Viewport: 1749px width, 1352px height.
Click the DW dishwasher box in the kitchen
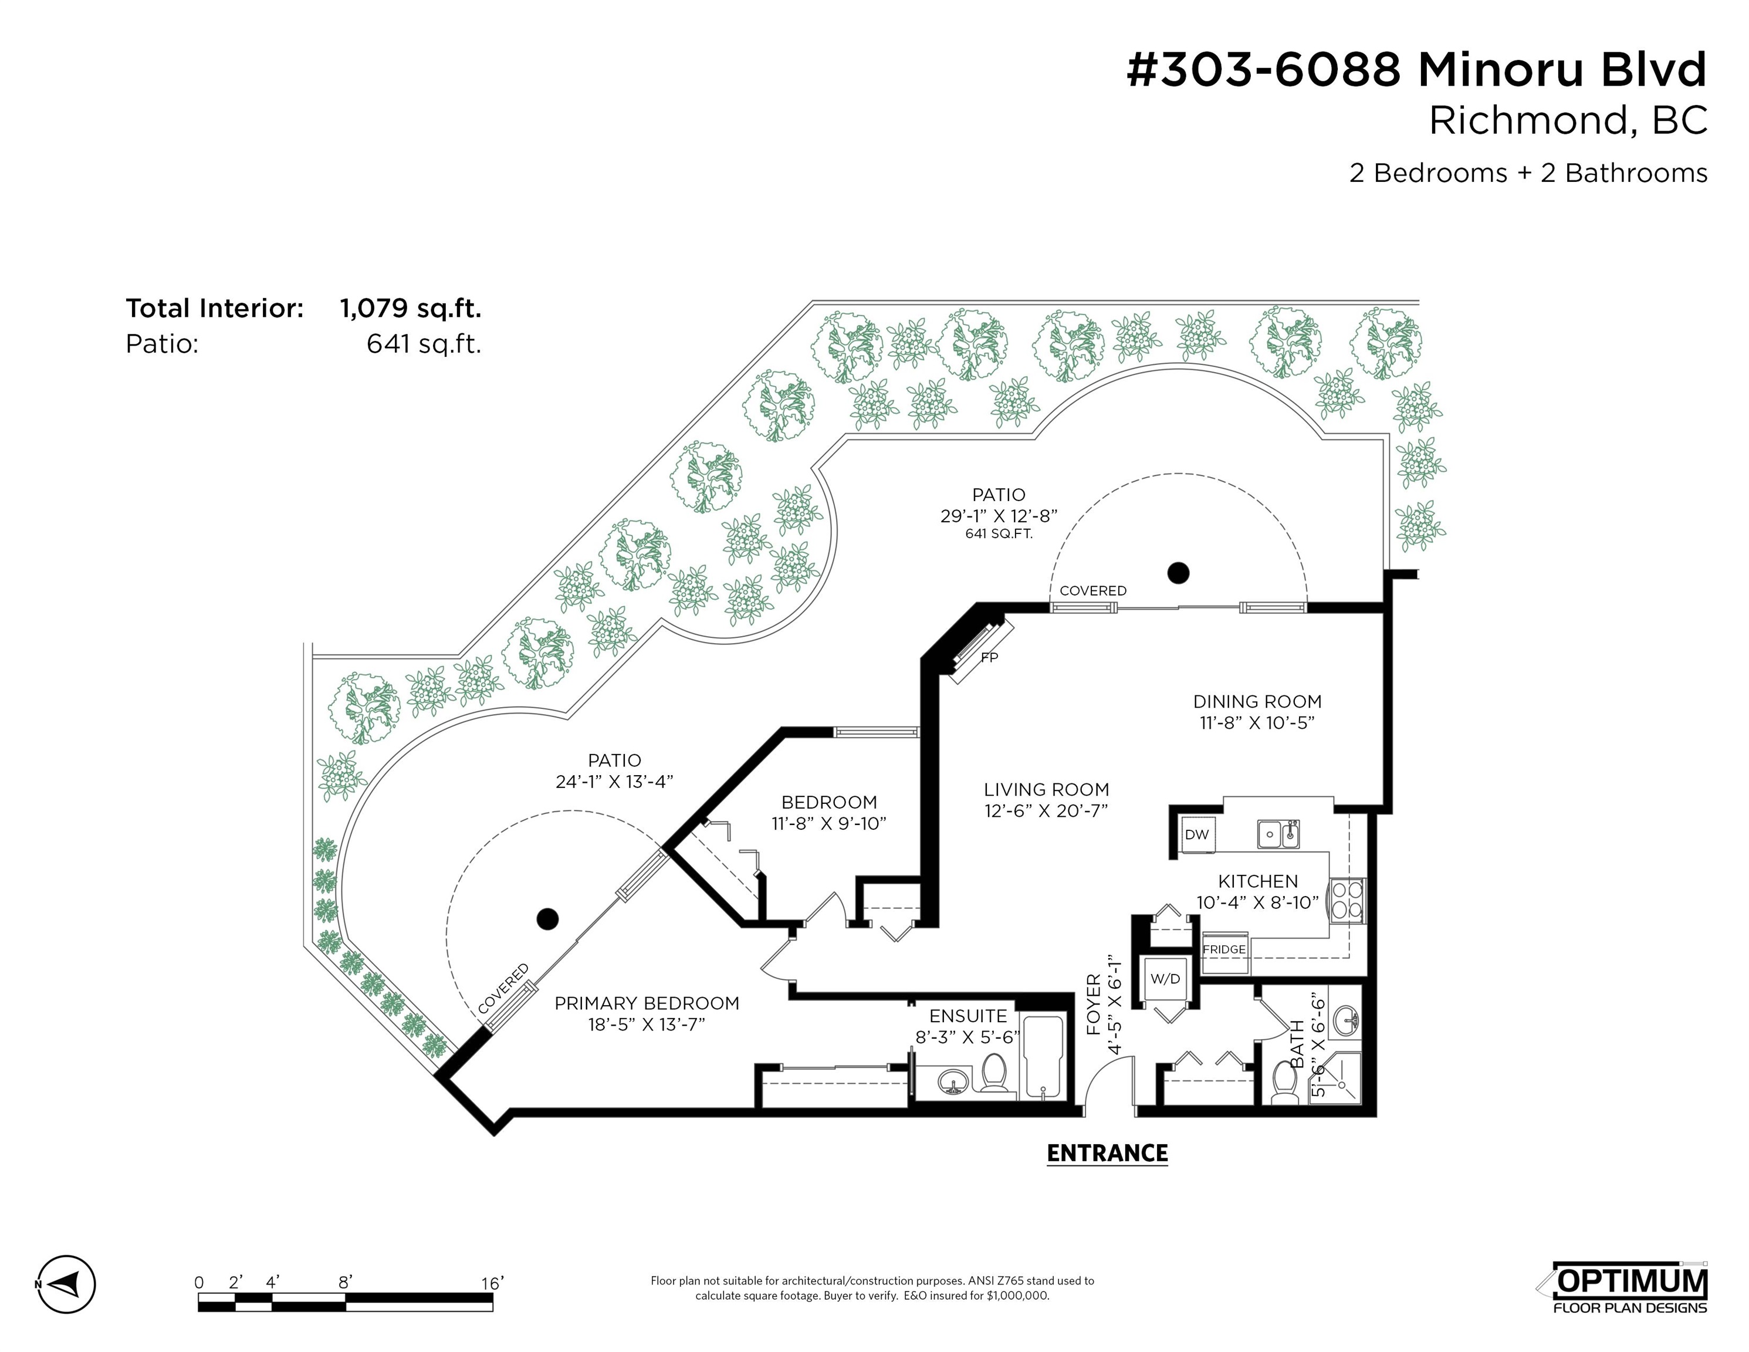coord(1197,834)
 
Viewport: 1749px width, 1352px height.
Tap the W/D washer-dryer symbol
coord(1165,979)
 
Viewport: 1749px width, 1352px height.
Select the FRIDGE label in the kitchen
coord(1224,949)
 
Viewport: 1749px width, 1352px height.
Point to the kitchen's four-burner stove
coord(1346,901)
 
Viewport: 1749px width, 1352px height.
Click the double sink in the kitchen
coord(1277,834)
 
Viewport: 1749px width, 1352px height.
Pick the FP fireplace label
coord(990,658)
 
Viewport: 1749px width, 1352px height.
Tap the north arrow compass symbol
coord(66,1284)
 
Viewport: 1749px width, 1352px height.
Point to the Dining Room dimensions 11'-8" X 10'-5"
coord(1257,722)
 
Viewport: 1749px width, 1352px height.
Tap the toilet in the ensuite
coord(994,1073)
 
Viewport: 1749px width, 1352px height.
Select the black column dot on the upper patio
coord(1178,573)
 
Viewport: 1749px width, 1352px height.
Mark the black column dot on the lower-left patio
coord(547,919)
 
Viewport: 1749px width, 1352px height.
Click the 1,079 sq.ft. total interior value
coord(411,308)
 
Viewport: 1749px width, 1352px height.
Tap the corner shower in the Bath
coord(1335,1078)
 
